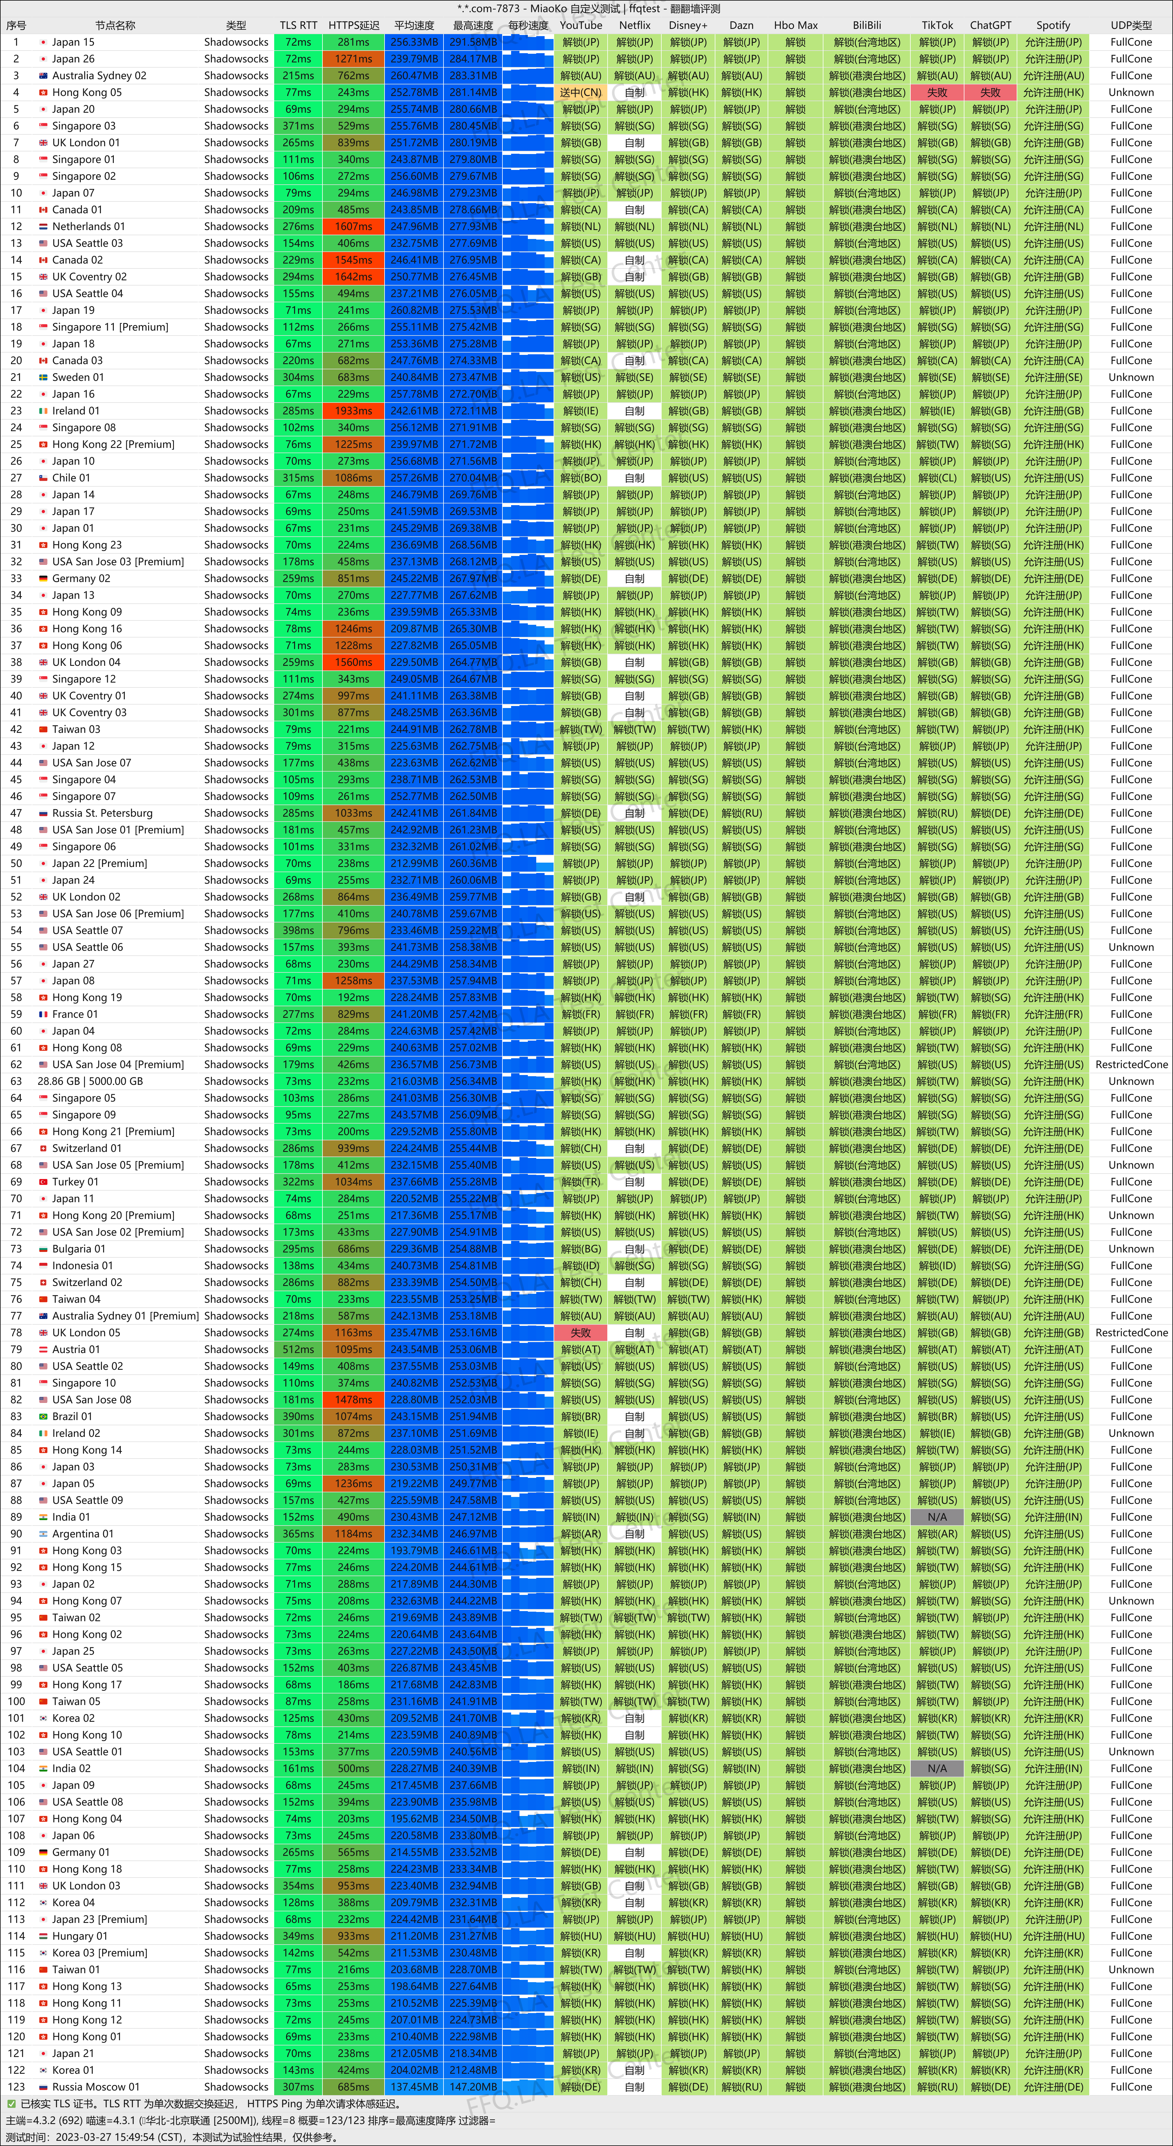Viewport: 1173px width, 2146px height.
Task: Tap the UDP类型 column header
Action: [1131, 25]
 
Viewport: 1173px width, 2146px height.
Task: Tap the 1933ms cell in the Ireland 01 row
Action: [353, 411]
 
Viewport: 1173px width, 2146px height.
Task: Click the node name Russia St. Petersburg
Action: [102, 813]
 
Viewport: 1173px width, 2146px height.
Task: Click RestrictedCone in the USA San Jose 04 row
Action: [1131, 1065]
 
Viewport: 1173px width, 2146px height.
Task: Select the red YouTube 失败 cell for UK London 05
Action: [581, 1333]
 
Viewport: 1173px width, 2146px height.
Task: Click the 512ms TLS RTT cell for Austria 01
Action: [297, 1350]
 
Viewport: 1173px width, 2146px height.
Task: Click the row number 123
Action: [16, 2087]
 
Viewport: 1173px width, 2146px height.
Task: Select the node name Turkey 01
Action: [75, 1182]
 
